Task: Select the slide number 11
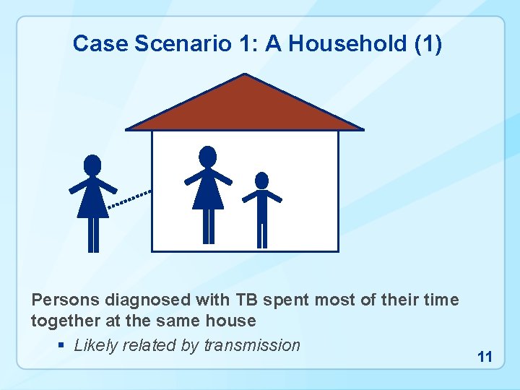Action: [x=485, y=357]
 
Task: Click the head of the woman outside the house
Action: [x=92, y=165]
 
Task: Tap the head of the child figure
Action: [x=262, y=180]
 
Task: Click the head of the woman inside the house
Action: [x=208, y=156]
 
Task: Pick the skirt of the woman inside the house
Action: [x=208, y=194]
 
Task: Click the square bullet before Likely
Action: [x=62, y=346]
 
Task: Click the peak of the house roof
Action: [x=245, y=75]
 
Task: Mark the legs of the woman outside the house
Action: [x=93, y=235]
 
